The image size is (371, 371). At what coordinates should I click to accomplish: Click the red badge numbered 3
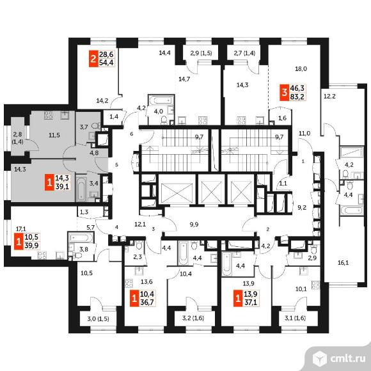point(285,92)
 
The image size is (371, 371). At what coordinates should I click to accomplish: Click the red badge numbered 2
point(93,58)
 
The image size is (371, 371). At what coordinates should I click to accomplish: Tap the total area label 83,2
point(297,97)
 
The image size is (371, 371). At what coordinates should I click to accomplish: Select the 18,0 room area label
point(301,69)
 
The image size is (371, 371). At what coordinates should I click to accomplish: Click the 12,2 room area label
point(329,97)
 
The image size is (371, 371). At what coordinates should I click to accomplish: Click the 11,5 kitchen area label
point(54,136)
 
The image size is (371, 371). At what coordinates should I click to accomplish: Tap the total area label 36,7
point(147,303)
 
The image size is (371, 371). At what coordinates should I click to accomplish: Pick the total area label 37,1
point(251,303)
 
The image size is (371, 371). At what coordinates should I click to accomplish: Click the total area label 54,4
point(106,63)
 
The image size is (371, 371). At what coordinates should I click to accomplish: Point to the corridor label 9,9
point(194,225)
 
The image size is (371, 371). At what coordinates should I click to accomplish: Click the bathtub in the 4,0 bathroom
point(161,100)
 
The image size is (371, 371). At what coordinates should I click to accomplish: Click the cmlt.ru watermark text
point(348,359)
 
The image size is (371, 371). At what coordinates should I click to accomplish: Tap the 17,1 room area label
point(21,229)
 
